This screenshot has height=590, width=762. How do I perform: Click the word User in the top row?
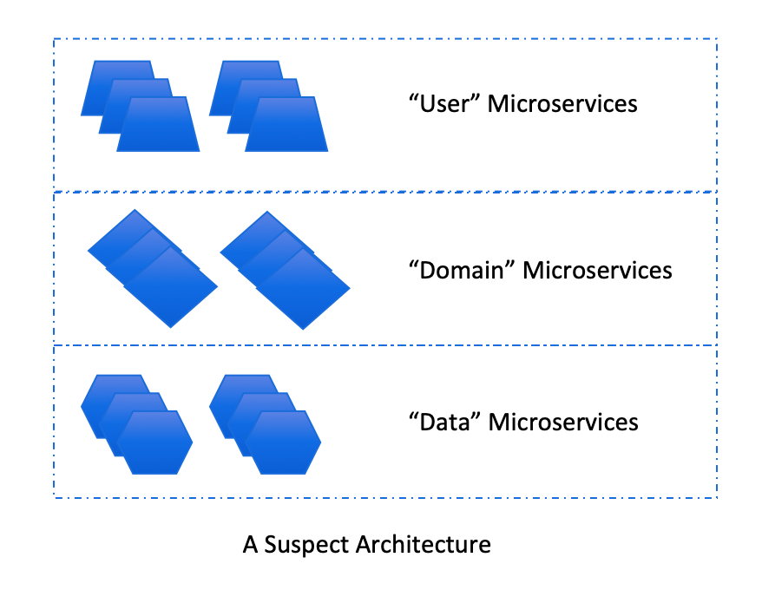(444, 104)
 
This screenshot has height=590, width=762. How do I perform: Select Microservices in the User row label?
(562, 104)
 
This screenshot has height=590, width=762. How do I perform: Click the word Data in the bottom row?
(444, 423)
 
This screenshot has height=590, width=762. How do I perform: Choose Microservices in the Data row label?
(563, 423)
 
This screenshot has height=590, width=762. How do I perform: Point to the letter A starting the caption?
(250, 545)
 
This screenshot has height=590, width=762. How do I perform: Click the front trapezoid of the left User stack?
(159, 125)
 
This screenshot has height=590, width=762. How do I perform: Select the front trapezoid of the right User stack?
(287, 125)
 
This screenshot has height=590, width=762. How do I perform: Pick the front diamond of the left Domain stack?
(171, 287)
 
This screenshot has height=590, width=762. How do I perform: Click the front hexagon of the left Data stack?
(154, 442)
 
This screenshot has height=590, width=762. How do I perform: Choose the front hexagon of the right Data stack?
(283, 442)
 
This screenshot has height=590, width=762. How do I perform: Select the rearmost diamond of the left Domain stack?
(117, 236)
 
